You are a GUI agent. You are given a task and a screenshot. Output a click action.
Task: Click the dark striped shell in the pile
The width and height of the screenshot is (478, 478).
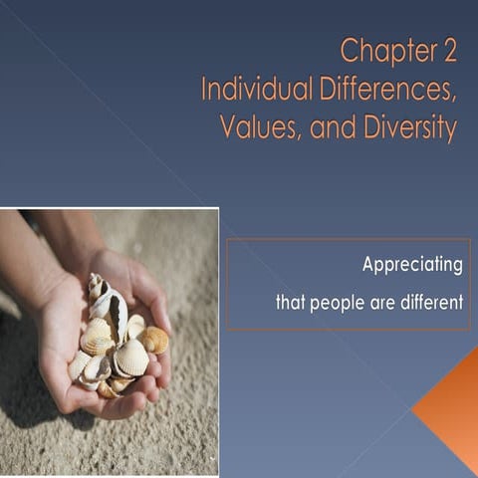[x=118, y=317]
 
